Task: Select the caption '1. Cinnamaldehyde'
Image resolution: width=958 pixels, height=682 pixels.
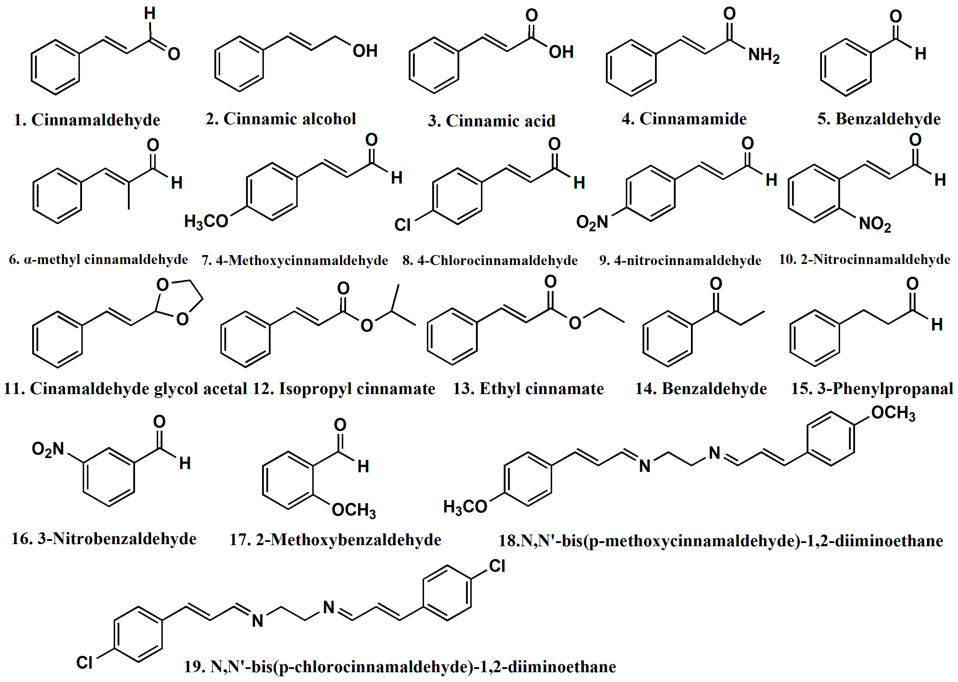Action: point(87,120)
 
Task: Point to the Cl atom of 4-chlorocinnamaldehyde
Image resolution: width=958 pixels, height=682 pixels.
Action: point(402,225)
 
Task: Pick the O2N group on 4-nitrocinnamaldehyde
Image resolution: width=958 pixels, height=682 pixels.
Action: point(592,222)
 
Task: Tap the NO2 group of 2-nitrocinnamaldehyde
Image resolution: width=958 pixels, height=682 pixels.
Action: point(875,224)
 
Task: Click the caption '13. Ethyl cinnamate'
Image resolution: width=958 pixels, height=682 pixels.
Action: point(528,389)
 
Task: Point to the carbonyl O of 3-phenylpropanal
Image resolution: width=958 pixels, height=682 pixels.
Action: point(912,284)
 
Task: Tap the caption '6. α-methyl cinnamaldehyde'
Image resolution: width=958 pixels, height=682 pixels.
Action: point(98,260)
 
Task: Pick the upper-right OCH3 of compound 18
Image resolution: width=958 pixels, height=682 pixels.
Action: point(893,413)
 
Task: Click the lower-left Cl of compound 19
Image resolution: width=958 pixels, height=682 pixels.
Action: point(85,663)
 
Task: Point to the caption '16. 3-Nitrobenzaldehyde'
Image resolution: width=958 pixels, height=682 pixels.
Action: point(104,539)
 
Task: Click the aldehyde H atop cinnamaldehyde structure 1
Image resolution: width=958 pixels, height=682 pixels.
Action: point(150,13)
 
